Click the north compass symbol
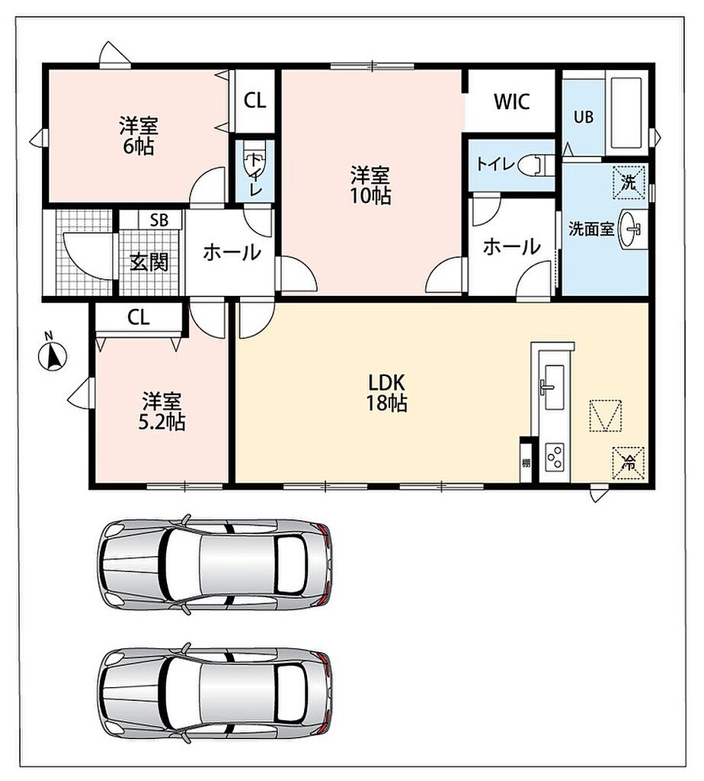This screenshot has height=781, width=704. click(53, 355)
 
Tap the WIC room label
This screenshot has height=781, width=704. click(511, 101)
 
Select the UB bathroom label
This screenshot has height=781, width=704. click(583, 117)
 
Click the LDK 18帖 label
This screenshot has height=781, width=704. click(386, 393)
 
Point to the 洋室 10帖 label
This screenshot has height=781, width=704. click(370, 185)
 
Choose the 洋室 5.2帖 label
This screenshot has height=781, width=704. click(162, 411)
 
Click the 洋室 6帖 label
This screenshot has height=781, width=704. click(139, 136)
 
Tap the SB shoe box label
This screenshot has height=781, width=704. click(159, 220)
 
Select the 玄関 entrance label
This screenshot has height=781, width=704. click(149, 262)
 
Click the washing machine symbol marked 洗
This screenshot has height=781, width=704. click(629, 183)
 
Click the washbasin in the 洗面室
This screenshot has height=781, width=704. click(630, 229)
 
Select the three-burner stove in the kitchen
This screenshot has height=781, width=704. click(554, 456)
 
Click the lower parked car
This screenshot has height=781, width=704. click(215, 694)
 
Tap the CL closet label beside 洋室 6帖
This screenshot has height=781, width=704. click(254, 101)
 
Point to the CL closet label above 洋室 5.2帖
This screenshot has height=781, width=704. click(138, 317)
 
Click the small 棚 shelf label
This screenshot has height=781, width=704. click(526, 463)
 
